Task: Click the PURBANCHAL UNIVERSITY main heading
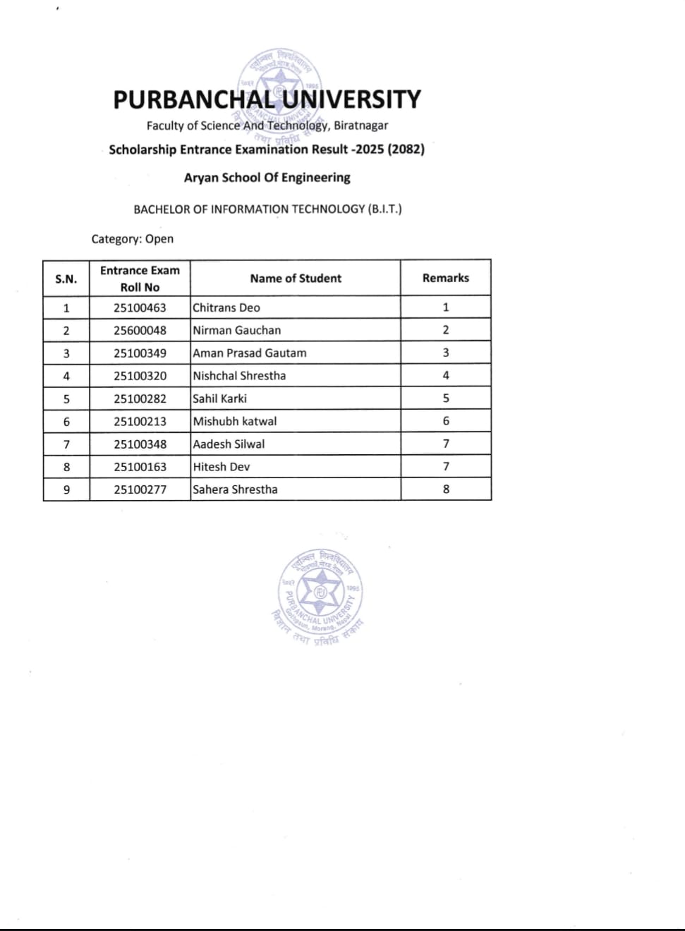coord(267,99)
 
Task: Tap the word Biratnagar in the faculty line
coord(360,126)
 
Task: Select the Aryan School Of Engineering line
coord(267,178)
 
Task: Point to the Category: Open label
coord(132,239)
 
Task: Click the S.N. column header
coord(66,279)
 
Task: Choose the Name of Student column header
coord(296,279)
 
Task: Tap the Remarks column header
coord(446,278)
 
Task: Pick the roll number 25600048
coord(140,330)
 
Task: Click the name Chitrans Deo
coord(226,308)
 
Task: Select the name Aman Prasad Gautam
coord(250,353)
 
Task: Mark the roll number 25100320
coord(140,376)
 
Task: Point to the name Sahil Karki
coord(219,398)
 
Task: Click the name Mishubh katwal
coord(235,421)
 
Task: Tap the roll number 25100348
coord(140,444)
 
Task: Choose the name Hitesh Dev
coord(222,467)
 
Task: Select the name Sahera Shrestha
coord(235,489)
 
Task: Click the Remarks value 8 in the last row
coord(446,489)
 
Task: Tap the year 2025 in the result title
coord(370,150)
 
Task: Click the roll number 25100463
coord(140,308)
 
